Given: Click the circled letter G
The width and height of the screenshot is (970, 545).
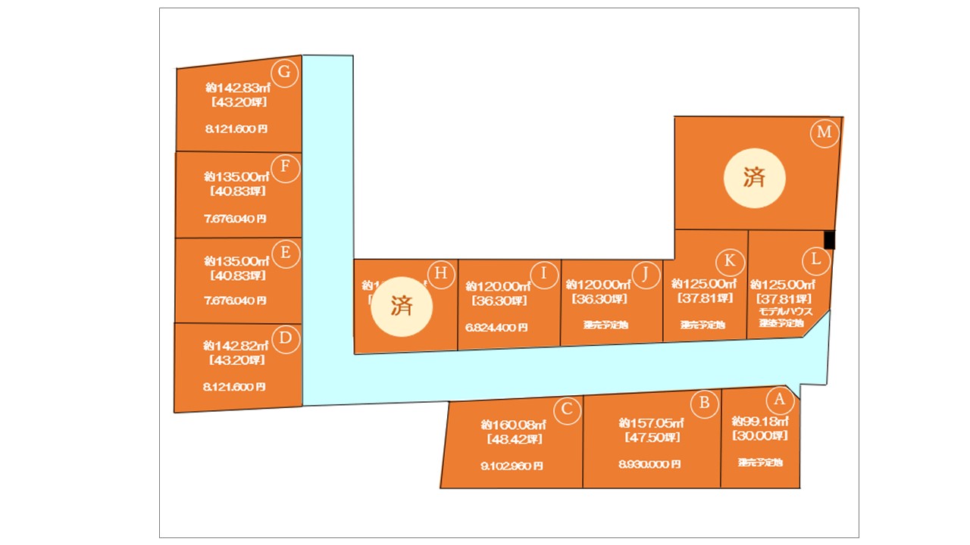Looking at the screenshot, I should tap(285, 72).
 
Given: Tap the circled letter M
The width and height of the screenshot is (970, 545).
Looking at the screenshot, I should tap(824, 133).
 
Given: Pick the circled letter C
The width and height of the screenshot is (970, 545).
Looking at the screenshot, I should tap(566, 411).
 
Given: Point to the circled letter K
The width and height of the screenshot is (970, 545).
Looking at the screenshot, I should tap(729, 260).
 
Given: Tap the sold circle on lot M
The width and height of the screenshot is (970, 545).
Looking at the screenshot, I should tap(754, 179).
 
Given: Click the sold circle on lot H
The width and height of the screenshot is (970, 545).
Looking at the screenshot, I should tap(401, 306).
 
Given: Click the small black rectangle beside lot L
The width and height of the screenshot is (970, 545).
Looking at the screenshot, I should tap(829, 239).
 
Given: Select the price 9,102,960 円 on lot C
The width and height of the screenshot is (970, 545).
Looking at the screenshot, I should tap(512, 466).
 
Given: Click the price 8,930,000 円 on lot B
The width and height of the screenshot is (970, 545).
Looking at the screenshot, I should tap(649, 464).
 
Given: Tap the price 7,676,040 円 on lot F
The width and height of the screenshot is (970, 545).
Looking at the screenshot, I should tap(235, 219).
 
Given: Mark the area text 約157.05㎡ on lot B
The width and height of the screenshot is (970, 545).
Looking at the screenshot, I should tap(651, 422).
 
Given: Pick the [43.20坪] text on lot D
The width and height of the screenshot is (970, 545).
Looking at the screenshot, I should tap(236, 360).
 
